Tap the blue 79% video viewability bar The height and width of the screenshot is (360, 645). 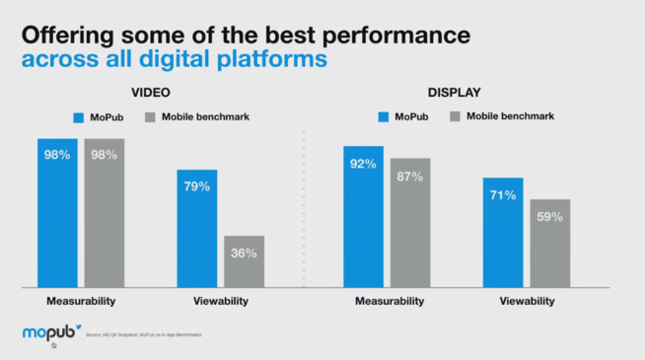(197, 228)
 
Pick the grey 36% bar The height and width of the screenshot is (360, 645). (244, 261)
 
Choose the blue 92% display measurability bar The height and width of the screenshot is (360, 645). (363, 216)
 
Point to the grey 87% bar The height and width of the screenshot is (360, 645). (410, 222)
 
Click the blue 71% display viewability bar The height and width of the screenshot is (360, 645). (503, 232)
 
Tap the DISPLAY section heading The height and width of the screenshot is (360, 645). (455, 93)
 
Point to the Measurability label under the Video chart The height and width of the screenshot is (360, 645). (80, 301)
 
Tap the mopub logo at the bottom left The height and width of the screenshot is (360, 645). (50, 333)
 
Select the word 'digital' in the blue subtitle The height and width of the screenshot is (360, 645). (169, 59)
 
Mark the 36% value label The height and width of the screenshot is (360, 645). (244, 252)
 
